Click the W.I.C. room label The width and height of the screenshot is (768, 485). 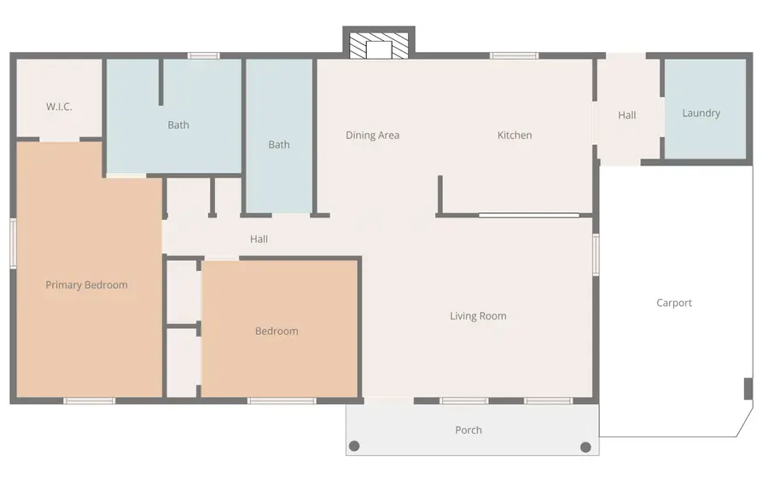click(x=59, y=107)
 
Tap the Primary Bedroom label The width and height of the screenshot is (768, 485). click(x=87, y=285)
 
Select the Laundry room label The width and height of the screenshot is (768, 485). click(x=701, y=113)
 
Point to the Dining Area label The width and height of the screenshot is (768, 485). click(x=373, y=135)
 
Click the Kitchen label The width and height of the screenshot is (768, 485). click(x=515, y=135)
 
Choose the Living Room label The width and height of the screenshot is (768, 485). click(x=478, y=316)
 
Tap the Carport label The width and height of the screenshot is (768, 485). click(x=674, y=303)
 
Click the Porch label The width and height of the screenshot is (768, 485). click(x=468, y=430)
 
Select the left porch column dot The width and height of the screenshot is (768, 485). click(x=354, y=446)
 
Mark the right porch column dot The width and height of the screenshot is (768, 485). click(x=585, y=447)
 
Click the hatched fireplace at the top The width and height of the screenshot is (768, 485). click(x=379, y=46)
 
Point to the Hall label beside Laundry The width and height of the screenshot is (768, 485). click(x=627, y=115)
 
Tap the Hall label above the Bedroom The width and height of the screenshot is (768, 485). click(x=259, y=239)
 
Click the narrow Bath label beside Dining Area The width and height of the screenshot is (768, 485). click(x=279, y=145)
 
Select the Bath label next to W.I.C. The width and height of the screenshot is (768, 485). click(x=178, y=124)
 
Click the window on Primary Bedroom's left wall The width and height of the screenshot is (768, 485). click(x=13, y=243)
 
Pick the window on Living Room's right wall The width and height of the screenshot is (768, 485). click(x=596, y=255)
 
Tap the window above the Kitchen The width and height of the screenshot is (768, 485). click(x=515, y=55)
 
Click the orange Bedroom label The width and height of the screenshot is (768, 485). click(x=276, y=332)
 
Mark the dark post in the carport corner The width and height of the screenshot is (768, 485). click(x=748, y=389)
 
